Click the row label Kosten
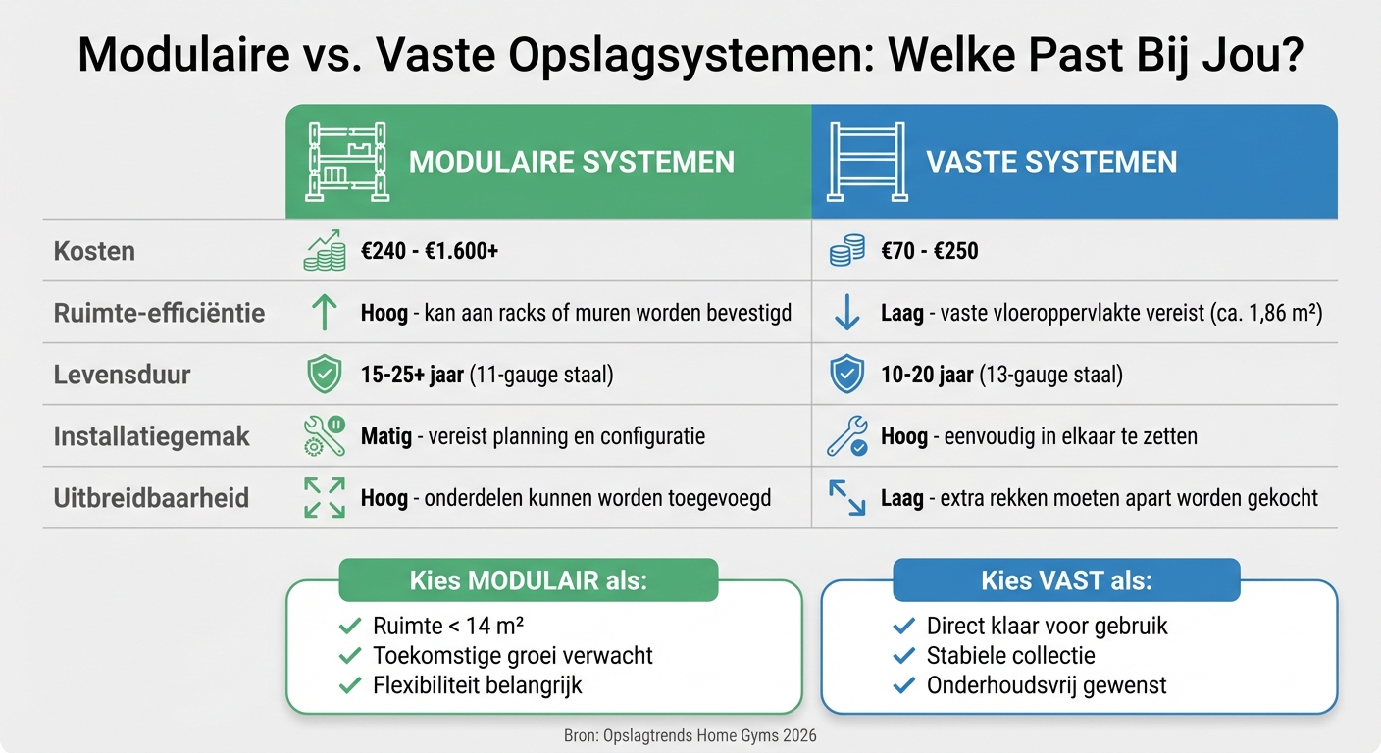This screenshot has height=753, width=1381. click(x=94, y=251)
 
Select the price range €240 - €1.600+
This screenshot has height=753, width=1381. click(x=430, y=251)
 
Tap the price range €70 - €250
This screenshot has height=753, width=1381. click(x=929, y=251)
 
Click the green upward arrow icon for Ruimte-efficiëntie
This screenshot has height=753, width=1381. click(x=325, y=313)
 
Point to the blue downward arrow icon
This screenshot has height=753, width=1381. click(x=846, y=313)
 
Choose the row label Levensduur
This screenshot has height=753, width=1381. click(x=122, y=375)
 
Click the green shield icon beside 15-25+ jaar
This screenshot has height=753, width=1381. click(x=325, y=375)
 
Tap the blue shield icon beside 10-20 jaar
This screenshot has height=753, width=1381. click(x=846, y=375)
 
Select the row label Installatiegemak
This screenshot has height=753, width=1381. click(x=152, y=436)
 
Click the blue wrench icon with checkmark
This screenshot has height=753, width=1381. click(x=846, y=437)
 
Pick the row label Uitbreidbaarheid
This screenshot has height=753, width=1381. click(x=151, y=498)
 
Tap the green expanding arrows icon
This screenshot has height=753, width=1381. click(x=325, y=498)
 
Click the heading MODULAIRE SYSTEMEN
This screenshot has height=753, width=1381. click(x=571, y=162)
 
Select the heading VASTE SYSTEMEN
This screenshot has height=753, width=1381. click(x=1051, y=162)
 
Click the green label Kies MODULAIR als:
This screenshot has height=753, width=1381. click(x=528, y=580)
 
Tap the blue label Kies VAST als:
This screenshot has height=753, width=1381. click(x=1066, y=580)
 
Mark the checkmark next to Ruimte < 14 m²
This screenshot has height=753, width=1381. click(x=349, y=627)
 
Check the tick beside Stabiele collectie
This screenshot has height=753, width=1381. click(x=904, y=656)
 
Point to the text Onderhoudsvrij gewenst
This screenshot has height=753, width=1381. click(x=1047, y=685)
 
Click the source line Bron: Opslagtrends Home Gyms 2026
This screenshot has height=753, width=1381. click(x=690, y=735)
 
